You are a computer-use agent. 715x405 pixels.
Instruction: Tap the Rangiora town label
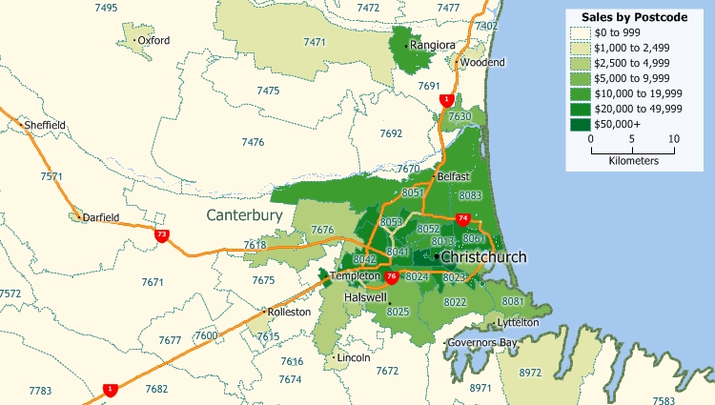coord(433,45)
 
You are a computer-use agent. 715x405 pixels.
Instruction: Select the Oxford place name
coord(153,41)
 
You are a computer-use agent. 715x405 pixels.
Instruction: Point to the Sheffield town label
coord(45,125)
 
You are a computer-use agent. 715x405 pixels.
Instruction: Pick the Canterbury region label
coord(244,216)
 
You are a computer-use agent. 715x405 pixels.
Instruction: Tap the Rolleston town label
coord(290,312)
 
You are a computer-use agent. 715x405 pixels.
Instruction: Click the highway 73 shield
coord(163,234)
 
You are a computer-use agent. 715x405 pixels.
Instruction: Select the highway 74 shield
coord(463,220)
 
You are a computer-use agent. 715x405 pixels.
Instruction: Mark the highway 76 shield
coord(392,277)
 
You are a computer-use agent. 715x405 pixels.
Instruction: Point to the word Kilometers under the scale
coord(632,161)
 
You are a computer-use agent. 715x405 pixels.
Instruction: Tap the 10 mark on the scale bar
coord(673,138)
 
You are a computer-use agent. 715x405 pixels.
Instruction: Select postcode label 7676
coord(322,230)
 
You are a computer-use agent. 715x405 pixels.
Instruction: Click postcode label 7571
coord(51,176)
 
